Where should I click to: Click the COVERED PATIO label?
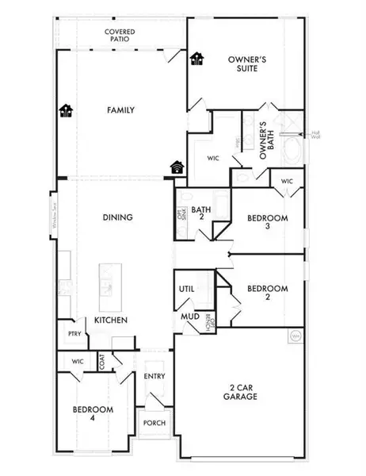122,36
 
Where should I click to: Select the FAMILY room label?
122,110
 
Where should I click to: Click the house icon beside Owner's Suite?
196,59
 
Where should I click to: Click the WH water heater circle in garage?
295,336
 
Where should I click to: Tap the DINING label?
116,217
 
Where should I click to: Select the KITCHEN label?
109,319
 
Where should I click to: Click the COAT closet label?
103,362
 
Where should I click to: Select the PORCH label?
154,423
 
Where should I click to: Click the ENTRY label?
154,377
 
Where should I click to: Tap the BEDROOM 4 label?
93,413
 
